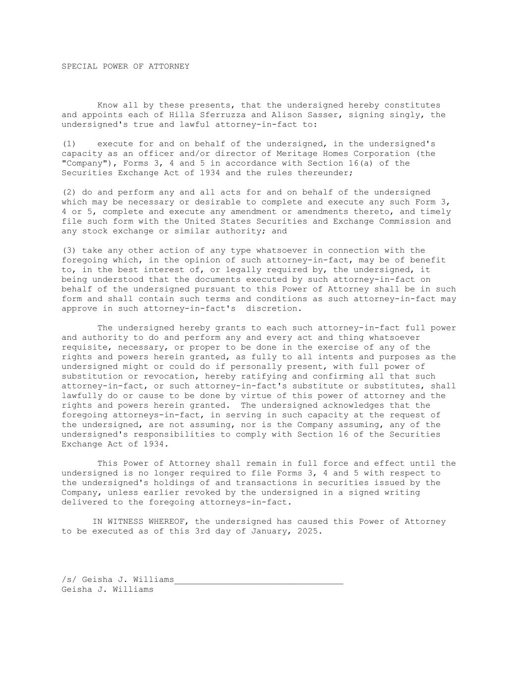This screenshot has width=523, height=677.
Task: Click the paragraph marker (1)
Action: click(69, 144)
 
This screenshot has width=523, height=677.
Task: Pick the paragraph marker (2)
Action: click(69, 192)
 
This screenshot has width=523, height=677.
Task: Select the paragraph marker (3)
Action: click(69, 250)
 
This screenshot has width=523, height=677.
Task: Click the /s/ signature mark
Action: click(69, 580)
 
